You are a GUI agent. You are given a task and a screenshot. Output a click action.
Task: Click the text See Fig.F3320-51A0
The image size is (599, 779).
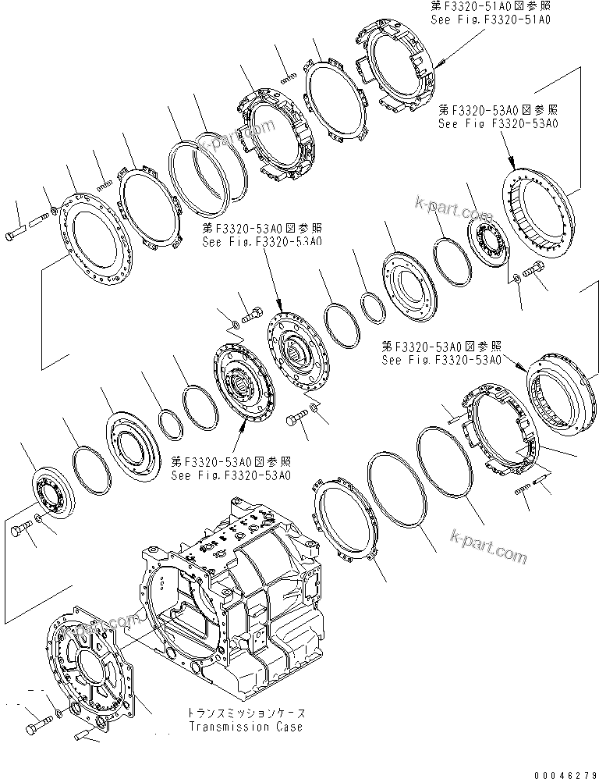coord(491,20)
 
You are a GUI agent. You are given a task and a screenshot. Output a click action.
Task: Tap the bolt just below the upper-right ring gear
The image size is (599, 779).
coord(534,271)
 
